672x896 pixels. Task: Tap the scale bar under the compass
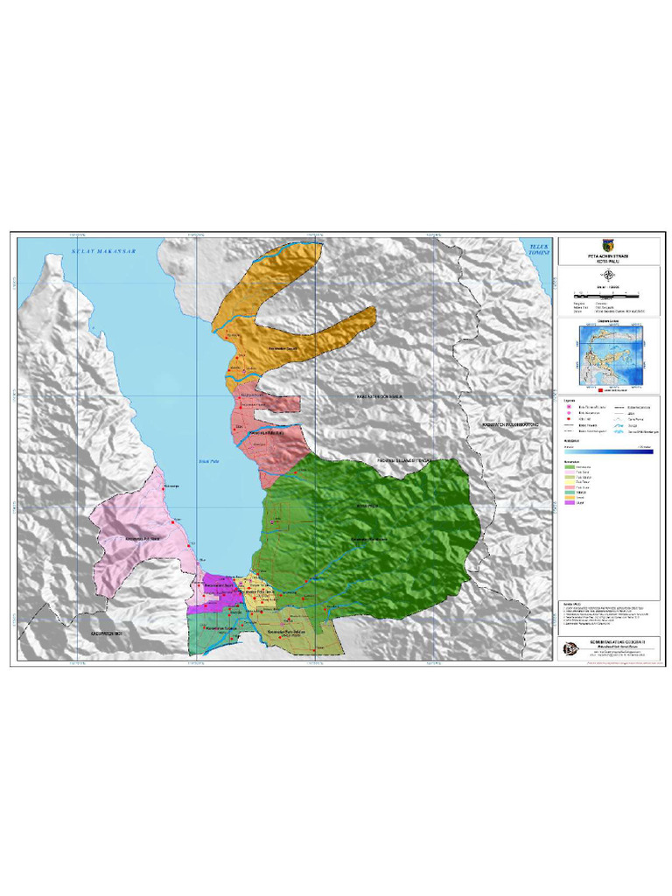point(609,294)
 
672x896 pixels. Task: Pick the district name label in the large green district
point(368,539)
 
